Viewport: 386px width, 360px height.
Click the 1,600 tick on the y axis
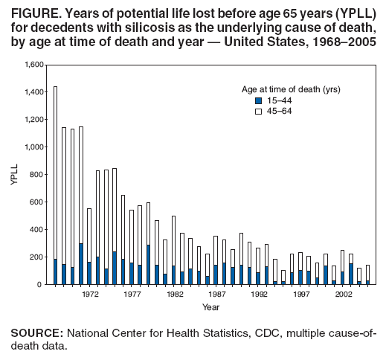click(x=34, y=65)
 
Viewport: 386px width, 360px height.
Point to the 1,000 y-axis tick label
click(x=34, y=147)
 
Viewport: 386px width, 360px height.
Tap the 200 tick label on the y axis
click(x=38, y=257)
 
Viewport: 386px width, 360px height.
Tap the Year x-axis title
click(x=211, y=306)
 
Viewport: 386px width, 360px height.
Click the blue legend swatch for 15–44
click(x=258, y=100)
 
